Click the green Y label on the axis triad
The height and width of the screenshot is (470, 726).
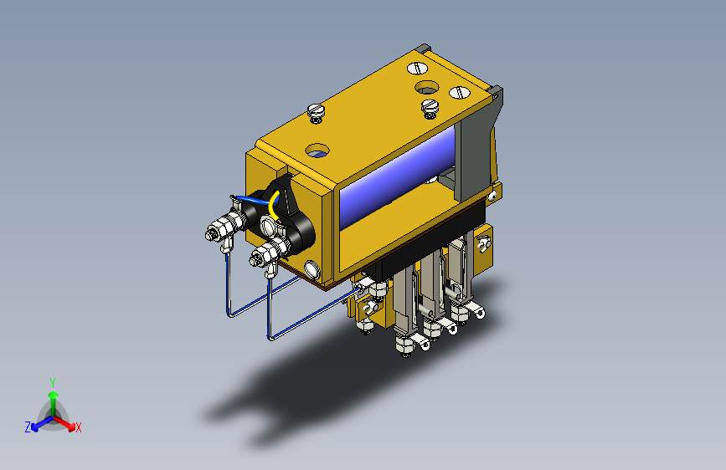tap(53, 382)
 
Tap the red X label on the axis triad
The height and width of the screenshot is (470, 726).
tap(78, 427)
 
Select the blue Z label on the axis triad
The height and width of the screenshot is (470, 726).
tap(28, 427)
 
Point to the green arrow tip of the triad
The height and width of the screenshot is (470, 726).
tap(54, 395)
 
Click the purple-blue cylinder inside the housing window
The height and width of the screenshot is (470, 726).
tap(397, 177)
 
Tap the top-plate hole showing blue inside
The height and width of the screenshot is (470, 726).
tap(317, 151)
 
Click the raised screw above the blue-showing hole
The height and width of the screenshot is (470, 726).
tap(316, 112)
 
